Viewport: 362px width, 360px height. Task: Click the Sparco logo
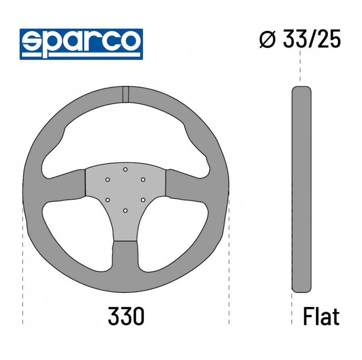coord(81,44)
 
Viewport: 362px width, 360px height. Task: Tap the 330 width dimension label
coord(126,316)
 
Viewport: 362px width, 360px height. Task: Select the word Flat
coord(321,316)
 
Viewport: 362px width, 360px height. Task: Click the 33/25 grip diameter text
coord(312,39)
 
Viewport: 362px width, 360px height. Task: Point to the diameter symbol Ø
coord(268,39)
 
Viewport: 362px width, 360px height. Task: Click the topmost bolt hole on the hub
coord(125,169)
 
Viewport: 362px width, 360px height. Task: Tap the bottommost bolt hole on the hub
coord(125,211)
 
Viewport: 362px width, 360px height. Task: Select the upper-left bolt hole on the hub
coord(108,180)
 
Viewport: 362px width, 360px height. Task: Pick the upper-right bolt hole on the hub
coord(143,180)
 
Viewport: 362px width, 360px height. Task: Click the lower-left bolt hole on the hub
coord(108,200)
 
